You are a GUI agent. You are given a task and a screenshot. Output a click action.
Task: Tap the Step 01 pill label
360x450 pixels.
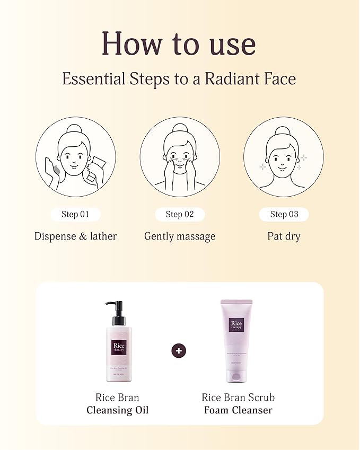(x=75, y=214)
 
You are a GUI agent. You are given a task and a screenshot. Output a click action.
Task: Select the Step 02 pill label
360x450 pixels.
(x=180, y=214)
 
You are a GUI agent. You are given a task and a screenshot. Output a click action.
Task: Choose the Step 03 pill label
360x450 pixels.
(x=284, y=214)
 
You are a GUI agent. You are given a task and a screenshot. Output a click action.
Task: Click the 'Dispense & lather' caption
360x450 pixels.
(x=75, y=236)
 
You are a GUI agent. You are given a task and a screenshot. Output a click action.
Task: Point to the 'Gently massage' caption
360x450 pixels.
(x=180, y=236)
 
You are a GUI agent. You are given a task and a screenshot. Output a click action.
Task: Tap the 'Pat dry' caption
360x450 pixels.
(x=284, y=236)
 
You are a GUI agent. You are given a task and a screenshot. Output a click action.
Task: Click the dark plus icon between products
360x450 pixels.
(x=179, y=350)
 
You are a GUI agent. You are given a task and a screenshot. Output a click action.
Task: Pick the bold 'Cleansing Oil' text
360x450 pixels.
(x=117, y=410)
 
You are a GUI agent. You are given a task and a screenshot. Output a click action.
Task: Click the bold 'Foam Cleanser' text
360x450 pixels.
(x=238, y=410)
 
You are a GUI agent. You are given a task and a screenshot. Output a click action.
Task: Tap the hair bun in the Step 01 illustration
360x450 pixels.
(x=73, y=129)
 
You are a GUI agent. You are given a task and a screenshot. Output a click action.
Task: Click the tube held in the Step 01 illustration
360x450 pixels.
(x=97, y=168)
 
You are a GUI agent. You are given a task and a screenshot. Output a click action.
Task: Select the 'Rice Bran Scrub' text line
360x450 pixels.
(x=238, y=397)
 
